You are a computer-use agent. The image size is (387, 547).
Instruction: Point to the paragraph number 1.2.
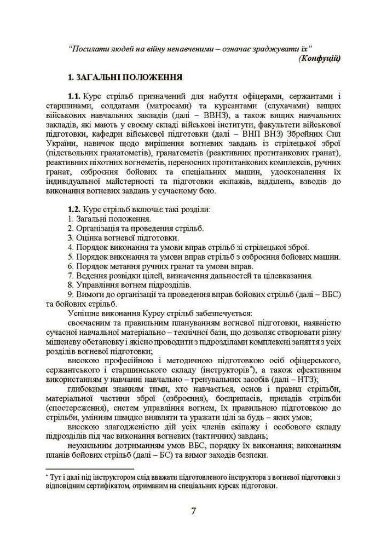[x=75, y=209]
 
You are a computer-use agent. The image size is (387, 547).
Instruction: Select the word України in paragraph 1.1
[x=62, y=146]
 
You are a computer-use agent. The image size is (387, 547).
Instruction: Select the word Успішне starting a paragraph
[x=85, y=313]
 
